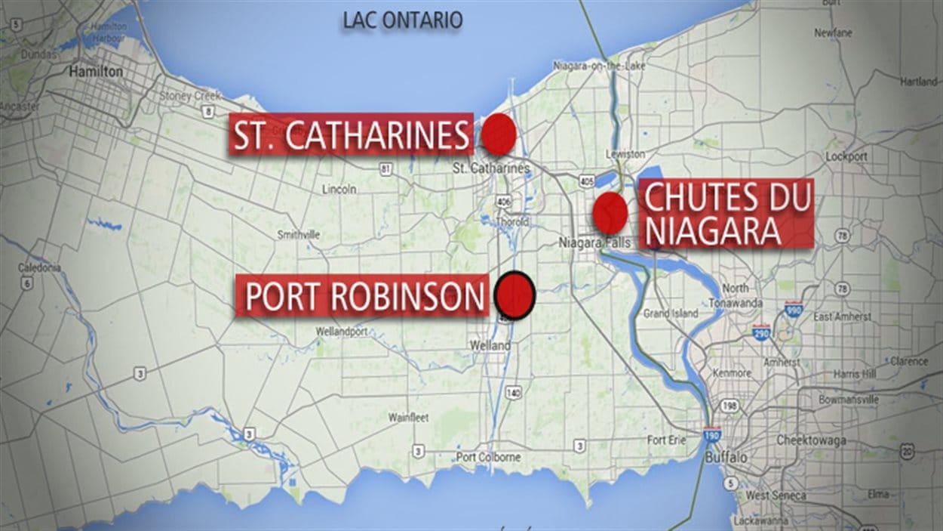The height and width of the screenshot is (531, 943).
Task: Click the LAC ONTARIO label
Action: point(402,20)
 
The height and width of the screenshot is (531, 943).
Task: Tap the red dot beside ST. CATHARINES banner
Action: point(499,134)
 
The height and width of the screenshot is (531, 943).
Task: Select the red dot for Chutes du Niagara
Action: point(610,213)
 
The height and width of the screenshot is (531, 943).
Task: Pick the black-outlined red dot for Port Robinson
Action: point(516,294)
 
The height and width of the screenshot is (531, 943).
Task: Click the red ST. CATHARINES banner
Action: point(351,135)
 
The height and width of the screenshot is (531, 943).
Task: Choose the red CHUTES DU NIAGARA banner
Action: point(726,214)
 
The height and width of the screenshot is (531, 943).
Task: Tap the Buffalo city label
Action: point(726,458)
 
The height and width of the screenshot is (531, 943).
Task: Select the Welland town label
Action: point(490,346)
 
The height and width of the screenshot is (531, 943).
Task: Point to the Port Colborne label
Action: point(488,457)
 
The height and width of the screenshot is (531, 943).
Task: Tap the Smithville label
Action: point(299,235)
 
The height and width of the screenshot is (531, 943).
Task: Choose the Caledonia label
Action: point(39,268)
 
